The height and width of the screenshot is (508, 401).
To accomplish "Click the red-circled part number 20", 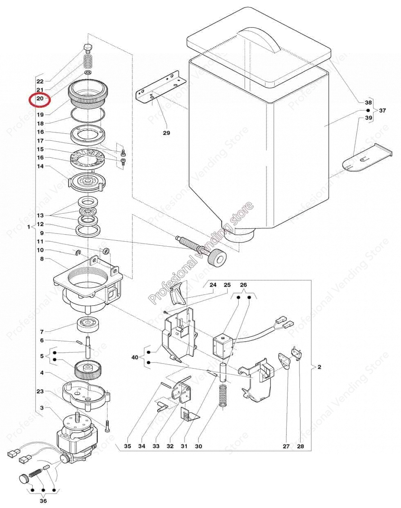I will pos(39,99).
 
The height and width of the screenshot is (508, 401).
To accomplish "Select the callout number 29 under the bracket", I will pos(166,133).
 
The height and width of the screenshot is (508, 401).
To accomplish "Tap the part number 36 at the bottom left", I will pos(43,501).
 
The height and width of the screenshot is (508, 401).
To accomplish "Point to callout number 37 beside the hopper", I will pos(382,111).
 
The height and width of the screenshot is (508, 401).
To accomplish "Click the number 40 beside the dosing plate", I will pos(135,357).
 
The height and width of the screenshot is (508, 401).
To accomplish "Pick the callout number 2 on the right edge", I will pos(319,367).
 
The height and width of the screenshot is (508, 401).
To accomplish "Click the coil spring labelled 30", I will pos(223,395).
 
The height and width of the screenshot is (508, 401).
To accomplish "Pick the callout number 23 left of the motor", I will pos(40,391).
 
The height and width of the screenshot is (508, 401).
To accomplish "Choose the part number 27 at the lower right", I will pos(286,446).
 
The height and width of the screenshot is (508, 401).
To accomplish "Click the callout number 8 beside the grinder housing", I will pos(41,259).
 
